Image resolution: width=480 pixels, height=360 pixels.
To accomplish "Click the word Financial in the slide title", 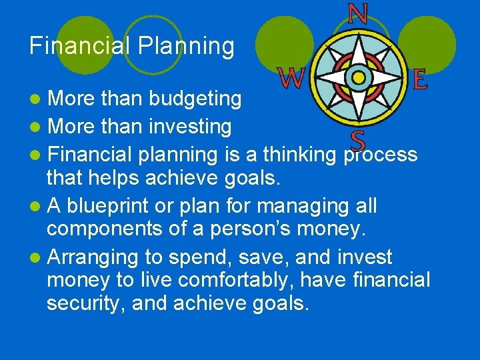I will click(80, 46).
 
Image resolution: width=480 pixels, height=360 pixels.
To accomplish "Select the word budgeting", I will click(195, 99).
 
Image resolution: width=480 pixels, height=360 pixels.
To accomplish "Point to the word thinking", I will click(300, 154).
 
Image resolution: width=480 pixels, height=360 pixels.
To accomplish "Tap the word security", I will click(86, 303).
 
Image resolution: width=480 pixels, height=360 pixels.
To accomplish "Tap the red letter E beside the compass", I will click(420, 80).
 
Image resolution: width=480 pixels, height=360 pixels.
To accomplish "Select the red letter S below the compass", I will click(358, 141).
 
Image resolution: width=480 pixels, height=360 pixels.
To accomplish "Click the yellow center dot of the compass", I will click(359, 78).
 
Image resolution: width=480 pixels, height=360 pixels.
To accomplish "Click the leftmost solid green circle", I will click(85, 44).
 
